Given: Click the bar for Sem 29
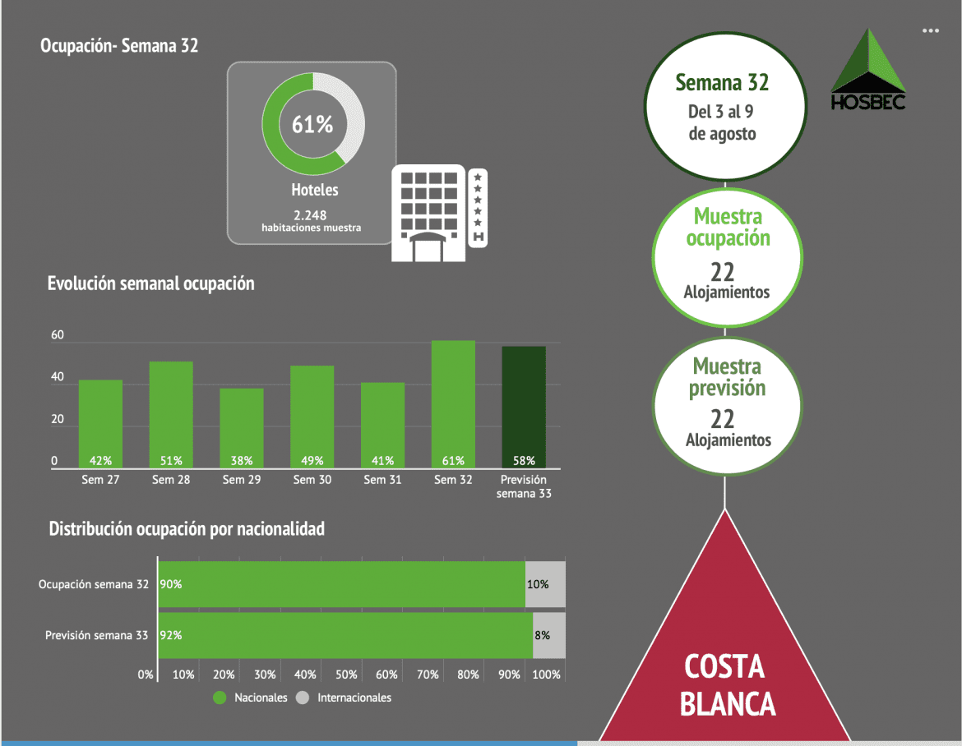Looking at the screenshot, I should click(242, 427).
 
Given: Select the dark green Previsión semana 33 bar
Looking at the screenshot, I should click(524, 407).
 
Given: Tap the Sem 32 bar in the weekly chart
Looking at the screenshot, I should click(453, 403).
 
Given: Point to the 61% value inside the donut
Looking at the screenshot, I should click(312, 125).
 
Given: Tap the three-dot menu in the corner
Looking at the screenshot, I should click(930, 30).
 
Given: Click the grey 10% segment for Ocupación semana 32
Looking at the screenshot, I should click(545, 584).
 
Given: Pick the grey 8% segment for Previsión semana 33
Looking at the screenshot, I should click(549, 635).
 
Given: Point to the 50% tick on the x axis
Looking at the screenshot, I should click(346, 675).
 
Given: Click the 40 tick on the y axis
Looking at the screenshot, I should click(58, 378).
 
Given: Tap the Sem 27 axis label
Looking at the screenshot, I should click(100, 480).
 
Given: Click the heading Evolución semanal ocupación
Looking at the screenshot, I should click(151, 284).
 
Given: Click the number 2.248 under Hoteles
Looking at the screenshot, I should click(311, 215).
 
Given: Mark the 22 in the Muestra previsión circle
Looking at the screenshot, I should click(722, 419).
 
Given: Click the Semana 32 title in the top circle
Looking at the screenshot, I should click(722, 83).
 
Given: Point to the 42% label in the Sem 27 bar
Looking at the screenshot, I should click(100, 460).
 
